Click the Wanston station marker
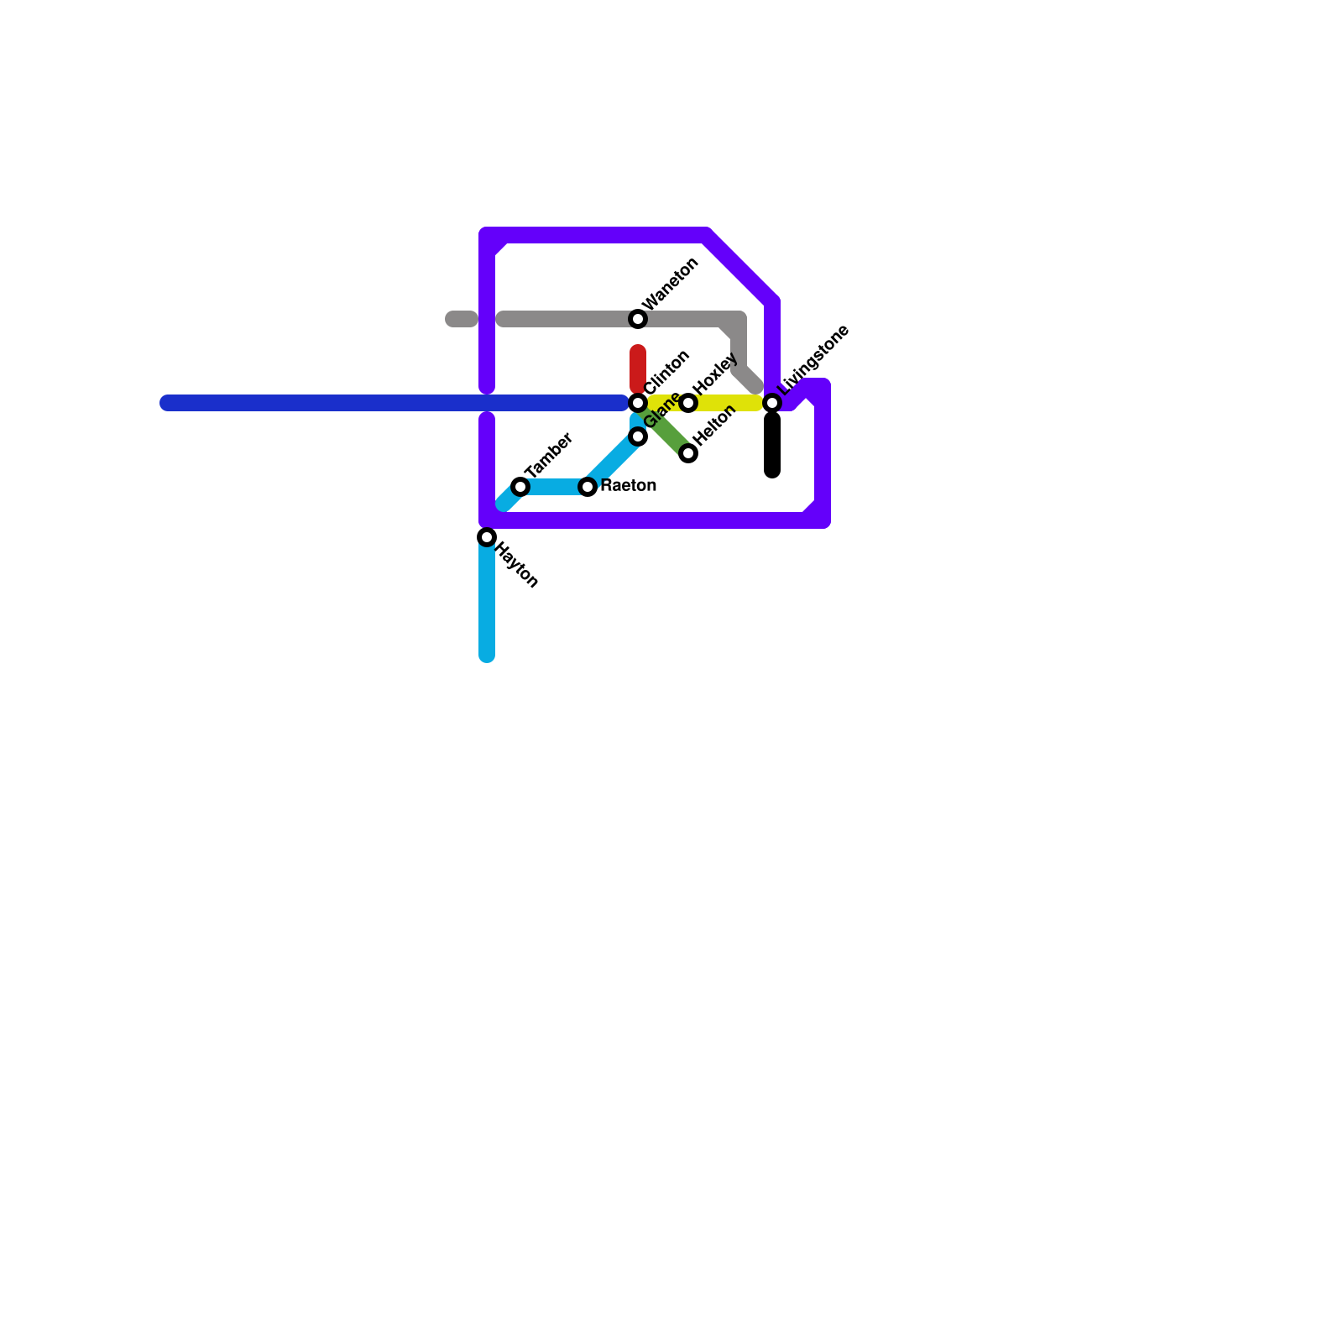click(638, 319)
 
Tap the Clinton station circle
click(638, 403)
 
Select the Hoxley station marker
click(688, 403)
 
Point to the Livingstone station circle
click(772, 403)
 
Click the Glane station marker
click(638, 436)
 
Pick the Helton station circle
click(688, 453)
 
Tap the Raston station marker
click(588, 487)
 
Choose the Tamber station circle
click(520, 487)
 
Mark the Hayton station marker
click(487, 537)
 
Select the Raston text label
click(629, 486)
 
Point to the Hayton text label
click(516, 565)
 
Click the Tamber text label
click(549, 455)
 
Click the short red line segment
click(638, 368)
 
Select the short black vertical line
click(772, 445)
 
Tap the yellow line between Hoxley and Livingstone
click(730, 403)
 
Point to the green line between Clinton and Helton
click(665, 430)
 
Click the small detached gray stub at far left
click(461, 319)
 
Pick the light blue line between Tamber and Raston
click(554, 487)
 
